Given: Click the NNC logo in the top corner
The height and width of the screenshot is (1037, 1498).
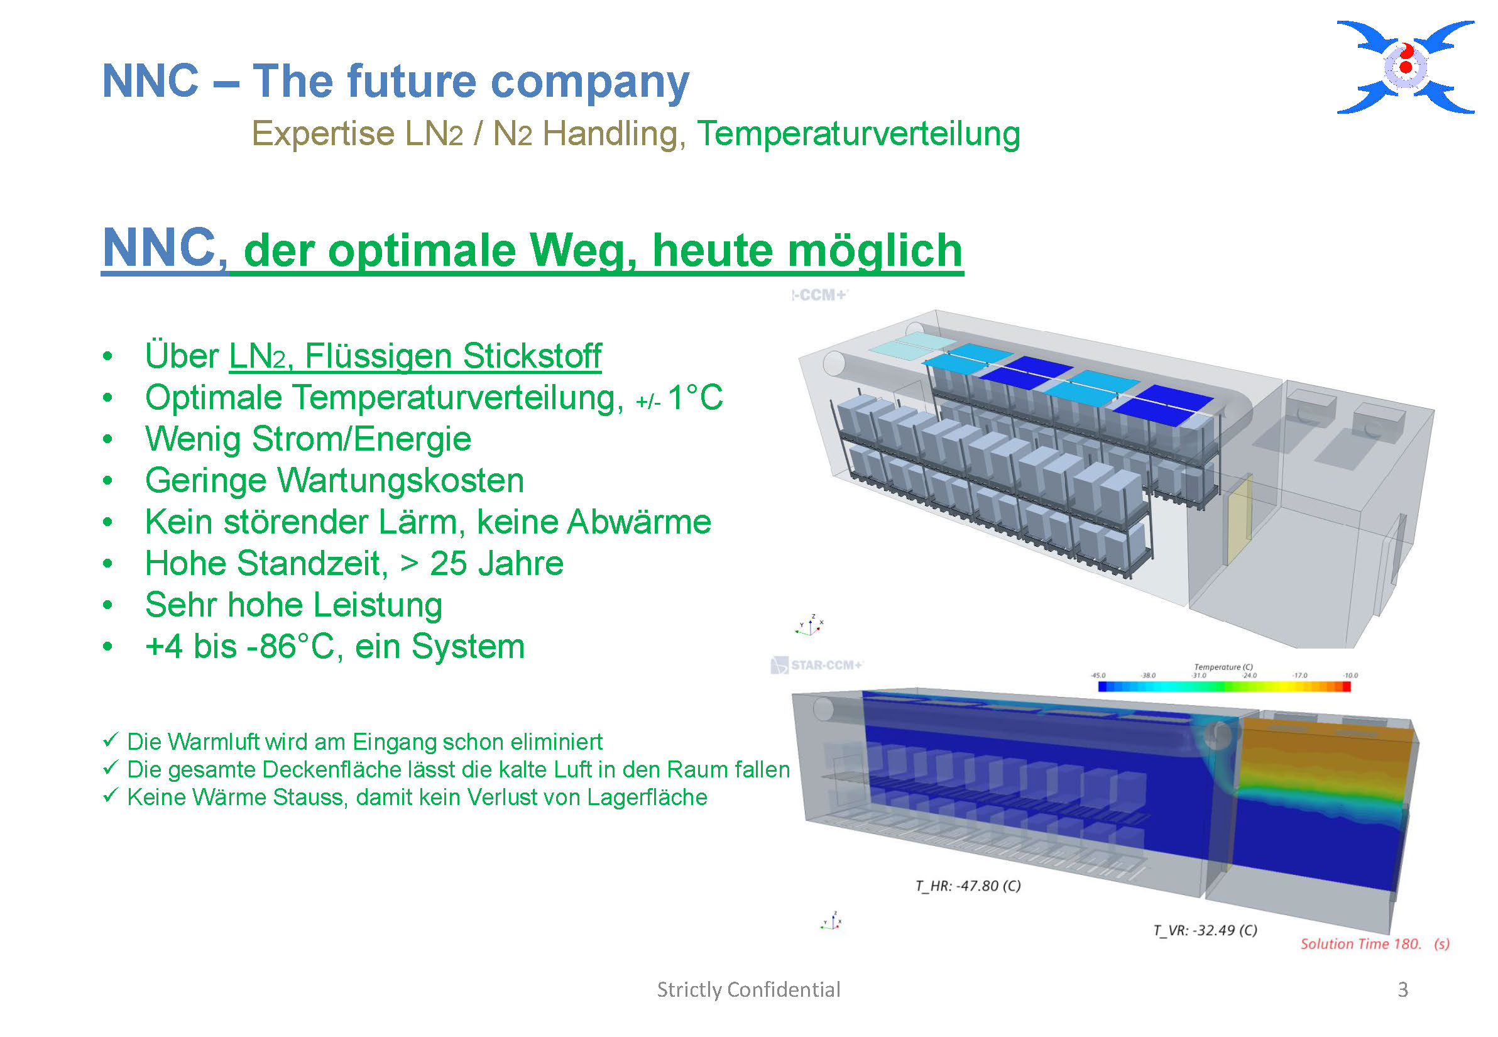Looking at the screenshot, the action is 1405,67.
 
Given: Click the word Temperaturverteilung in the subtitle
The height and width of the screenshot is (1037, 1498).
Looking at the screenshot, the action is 858,134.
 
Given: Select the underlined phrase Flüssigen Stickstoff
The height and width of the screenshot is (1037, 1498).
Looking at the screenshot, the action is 453,357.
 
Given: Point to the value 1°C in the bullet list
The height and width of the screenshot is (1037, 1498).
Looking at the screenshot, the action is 695,397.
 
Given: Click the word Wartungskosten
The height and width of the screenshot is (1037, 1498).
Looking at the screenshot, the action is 401,481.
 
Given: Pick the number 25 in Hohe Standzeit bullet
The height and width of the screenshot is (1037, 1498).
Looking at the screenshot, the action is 448,563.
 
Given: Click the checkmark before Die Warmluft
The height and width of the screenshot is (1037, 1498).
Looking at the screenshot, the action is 111,740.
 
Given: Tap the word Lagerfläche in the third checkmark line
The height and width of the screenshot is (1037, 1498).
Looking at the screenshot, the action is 647,798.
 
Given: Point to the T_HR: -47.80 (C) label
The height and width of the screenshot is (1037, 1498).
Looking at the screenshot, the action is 968,886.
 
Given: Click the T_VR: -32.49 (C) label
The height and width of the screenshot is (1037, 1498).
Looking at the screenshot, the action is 1205,930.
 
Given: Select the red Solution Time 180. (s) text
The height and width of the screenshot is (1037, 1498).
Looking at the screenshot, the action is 1375,944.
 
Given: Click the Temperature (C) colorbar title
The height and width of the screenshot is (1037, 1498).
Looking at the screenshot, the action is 1223,667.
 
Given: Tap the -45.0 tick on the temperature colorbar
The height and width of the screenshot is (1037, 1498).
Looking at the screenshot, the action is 1098,676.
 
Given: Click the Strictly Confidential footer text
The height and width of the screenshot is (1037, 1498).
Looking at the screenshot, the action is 748,990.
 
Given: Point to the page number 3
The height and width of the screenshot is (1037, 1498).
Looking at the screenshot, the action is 1403,990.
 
